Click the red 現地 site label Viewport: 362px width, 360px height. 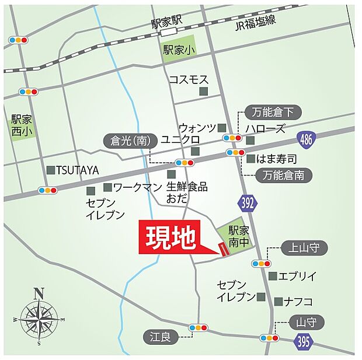[169, 237]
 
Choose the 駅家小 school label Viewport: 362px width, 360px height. [179, 50]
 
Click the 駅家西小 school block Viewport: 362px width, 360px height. [23, 125]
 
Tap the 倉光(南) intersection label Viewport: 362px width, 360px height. [127, 141]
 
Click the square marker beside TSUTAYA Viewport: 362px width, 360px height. [51, 170]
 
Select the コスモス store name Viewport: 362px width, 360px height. [189, 79]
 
